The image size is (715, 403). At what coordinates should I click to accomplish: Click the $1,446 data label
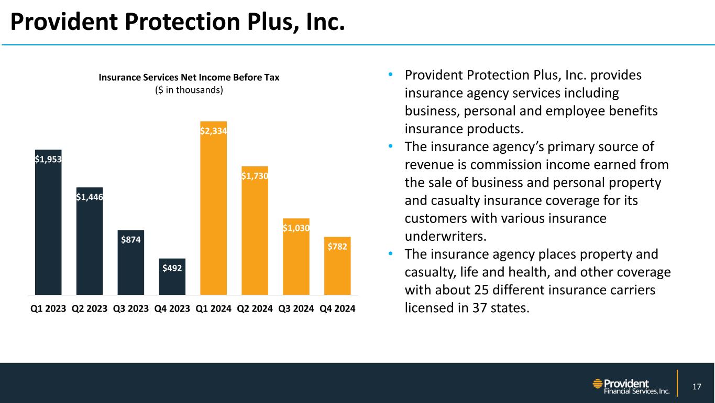[x=90, y=197]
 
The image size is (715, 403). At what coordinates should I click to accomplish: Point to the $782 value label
[x=337, y=246]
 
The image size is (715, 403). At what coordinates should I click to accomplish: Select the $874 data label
[x=131, y=240]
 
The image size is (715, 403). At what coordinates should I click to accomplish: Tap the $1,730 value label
[x=255, y=176]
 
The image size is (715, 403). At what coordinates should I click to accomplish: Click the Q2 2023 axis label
[x=90, y=309]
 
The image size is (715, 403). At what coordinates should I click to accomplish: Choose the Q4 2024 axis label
[x=337, y=309]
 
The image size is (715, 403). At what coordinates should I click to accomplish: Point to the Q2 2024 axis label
[x=255, y=309]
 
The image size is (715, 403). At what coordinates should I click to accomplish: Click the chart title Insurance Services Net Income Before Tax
[x=189, y=78]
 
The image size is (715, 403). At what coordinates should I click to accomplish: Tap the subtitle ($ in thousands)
[x=189, y=90]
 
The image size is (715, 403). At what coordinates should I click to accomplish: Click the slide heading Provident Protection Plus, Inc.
[x=178, y=22]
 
